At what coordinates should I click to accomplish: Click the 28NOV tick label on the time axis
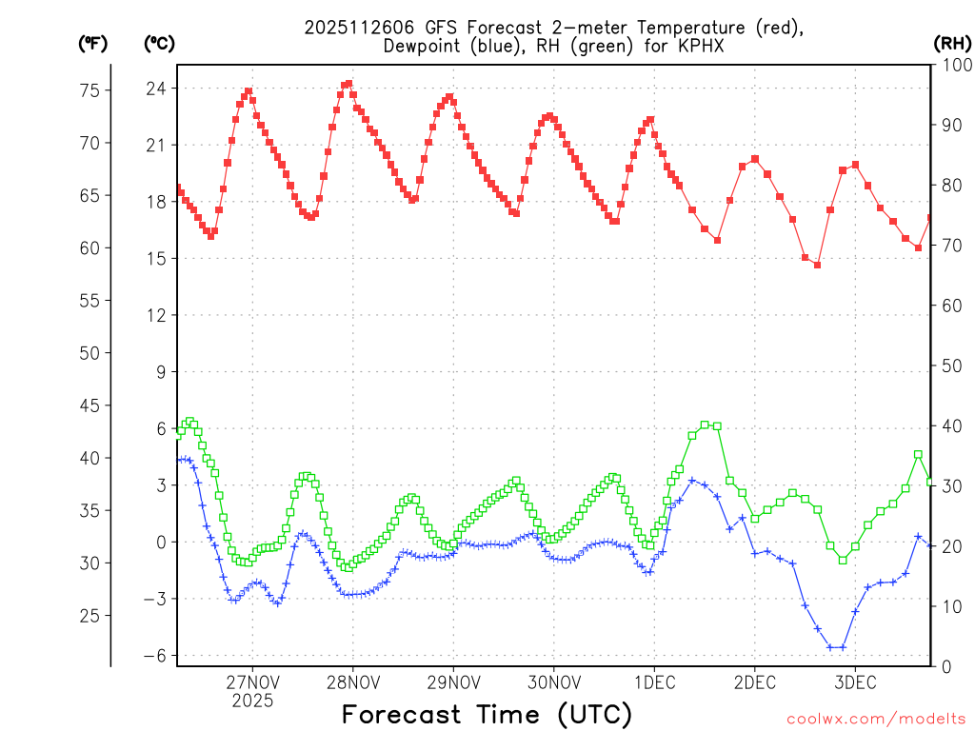pos(352,682)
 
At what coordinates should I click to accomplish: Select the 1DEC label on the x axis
pos(654,682)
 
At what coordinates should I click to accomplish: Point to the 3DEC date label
pos(855,682)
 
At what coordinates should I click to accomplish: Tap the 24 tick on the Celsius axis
pos(154,89)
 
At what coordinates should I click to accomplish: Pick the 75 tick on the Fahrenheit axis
pos(89,90)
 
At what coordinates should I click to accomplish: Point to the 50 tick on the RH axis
pos(949,365)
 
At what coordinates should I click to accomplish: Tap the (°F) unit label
pos(93,43)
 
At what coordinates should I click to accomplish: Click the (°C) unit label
pos(159,43)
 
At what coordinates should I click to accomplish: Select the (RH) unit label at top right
pos(952,43)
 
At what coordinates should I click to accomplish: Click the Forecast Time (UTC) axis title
pos(487,713)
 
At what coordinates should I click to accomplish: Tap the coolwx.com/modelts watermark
pos(876,718)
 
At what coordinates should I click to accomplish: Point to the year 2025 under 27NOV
pos(252,701)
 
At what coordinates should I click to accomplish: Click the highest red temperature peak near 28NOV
pos(348,84)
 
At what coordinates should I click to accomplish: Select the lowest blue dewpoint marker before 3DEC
pos(830,647)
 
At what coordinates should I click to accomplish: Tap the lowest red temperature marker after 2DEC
pos(817,265)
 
